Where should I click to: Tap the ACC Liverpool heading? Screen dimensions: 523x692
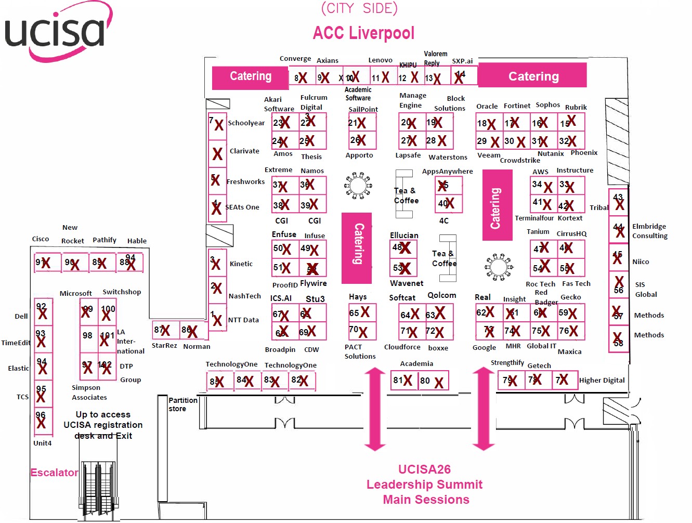[x=363, y=33]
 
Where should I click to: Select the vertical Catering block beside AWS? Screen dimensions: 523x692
[x=497, y=206]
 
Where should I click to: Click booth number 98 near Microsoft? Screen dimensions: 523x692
[x=88, y=335]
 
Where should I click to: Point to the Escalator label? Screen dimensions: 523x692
[x=54, y=473]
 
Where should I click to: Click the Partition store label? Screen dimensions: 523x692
[x=182, y=404]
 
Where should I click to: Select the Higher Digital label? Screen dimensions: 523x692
[x=602, y=380]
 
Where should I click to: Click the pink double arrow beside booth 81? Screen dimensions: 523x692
[x=375, y=409]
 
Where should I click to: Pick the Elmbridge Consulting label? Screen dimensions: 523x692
[x=649, y=231]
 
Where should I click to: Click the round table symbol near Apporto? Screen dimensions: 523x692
[x=358, y=186]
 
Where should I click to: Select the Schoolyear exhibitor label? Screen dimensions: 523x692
[x=246, y=123]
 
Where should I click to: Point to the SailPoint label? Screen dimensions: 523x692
[x=363, y=109]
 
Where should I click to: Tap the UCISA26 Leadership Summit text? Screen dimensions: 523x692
[x=424, y=485]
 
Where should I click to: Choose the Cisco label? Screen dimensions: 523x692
[x=41, y=239]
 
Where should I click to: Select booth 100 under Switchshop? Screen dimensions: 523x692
[x=108, y=312]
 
